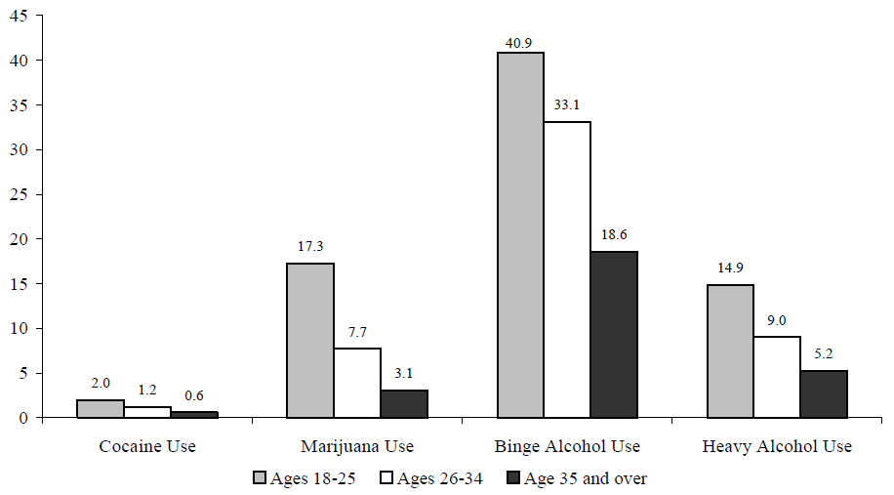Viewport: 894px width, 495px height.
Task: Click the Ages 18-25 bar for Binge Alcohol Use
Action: click(521, 234)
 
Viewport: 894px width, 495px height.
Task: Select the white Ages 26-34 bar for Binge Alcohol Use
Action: click(567, 269)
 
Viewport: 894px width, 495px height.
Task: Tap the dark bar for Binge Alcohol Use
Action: click(614, 334)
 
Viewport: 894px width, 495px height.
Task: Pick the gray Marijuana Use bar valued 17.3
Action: click(310, 340)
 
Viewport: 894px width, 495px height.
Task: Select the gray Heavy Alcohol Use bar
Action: click(730, 351)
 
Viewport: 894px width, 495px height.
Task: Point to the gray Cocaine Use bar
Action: click(101, 408)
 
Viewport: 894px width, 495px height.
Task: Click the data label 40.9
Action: click(521, 42)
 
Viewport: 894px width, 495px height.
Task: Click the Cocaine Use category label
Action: click(147, 446)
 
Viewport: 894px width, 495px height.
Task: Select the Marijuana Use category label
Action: click(357, 446)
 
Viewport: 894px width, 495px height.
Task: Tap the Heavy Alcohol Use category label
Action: click(777, 446)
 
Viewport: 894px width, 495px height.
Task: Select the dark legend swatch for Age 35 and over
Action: click(516, 477)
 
